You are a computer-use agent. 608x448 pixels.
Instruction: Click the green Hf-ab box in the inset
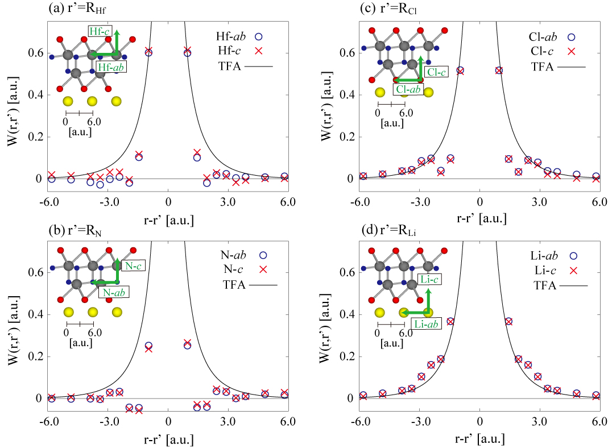click(x=111, y=68)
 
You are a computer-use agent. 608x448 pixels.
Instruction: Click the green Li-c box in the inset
click(x=429, y=279)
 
